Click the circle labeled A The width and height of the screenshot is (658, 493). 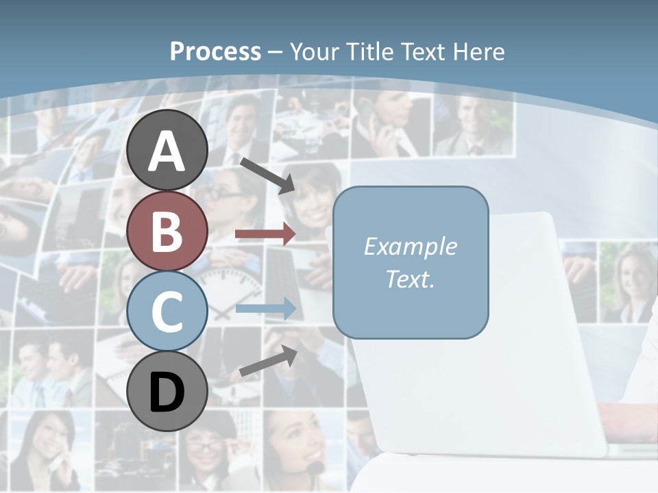click(167, 151)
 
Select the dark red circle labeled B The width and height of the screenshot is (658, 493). click(167, 231)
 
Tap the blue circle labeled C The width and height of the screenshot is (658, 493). click(167, 311)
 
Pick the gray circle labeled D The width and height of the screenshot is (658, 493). click(167, 391)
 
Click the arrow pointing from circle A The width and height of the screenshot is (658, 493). click(267, 175)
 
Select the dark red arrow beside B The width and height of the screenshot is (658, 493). click(265, 234)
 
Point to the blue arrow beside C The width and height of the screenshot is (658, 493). click(265, 309)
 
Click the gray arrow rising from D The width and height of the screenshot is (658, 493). click(268, 362)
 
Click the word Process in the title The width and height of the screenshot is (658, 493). click(215, 51)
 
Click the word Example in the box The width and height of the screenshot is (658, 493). click(410, 246)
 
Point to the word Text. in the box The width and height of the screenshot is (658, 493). click(410, 279)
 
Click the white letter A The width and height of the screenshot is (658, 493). click(167, 151)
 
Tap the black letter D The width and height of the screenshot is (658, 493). click(167, 392)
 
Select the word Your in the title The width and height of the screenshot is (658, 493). click(316, 51)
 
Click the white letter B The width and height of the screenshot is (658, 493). click(167, 231)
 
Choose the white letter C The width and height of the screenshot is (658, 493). click(167, 312)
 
